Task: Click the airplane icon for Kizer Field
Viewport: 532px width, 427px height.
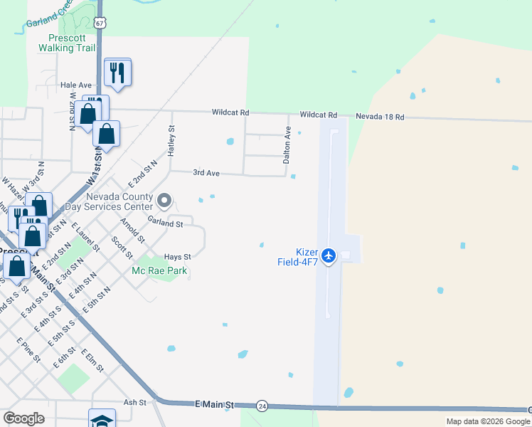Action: tap(329, 255)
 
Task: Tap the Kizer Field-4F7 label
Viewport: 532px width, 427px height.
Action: tap(297, 257)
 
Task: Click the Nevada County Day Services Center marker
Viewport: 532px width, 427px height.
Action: tap(164, 201)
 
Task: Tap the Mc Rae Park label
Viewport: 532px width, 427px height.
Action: tap(154, 271)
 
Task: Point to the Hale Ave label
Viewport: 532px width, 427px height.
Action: tap(76, 85)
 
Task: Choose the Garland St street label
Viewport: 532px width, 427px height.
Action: tap(166, 223)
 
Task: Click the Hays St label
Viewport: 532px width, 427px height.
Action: tap(178, 257)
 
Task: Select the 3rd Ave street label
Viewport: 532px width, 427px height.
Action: tap(206, 172)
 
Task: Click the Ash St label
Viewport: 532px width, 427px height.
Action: tap(134, 402)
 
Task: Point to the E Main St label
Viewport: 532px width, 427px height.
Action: tap(214, 404)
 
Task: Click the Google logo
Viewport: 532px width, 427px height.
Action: tap(23, 418)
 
